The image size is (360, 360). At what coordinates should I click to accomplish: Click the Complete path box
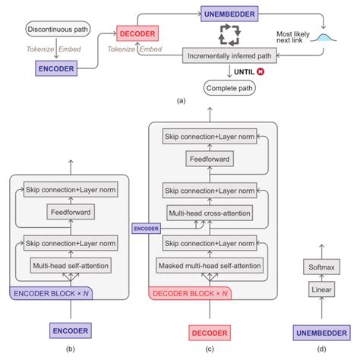[x=230, y=88]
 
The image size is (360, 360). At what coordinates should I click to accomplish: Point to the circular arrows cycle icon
[x=229, y=34]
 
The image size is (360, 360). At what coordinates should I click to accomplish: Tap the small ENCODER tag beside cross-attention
[x=147, y=227]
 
